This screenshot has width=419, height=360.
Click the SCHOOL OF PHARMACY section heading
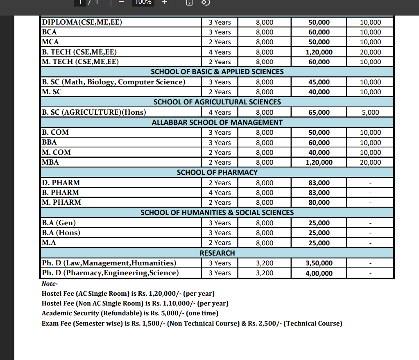(x=217, y=172)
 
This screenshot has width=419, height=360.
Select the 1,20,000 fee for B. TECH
(x=319, y=52)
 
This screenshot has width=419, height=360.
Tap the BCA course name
(x=49, y=32)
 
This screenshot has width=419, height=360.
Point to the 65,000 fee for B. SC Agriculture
(x=319, y=112)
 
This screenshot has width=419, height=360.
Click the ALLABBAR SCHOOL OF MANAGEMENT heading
(x=217, y=122)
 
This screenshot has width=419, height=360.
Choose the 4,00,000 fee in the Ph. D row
(x=319, y=273)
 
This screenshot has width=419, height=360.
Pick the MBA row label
(x=50, y=162)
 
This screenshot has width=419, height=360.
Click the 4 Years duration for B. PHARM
(x=220, y=192)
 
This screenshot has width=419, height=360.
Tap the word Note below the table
(x=50, y=284)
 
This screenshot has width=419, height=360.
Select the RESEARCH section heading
(x=217, y=253)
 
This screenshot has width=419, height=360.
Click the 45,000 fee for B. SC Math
(x=319, y=82)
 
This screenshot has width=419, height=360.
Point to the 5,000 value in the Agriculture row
(x=370, y=112)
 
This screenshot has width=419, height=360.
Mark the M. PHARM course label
(x=61, y=202)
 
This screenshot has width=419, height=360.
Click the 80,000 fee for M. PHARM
(x=319, y=202)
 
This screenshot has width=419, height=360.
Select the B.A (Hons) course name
(x=61, y=233)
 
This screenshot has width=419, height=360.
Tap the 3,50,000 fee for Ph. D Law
(x=319, y=263)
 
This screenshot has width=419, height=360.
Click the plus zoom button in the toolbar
(x=164, y=2)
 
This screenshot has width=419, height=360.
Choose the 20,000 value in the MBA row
(x=370, y=162)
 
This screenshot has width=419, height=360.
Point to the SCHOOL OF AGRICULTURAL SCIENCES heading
(x=217, y=102)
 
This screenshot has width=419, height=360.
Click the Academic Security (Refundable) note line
(x=130, y=313)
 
